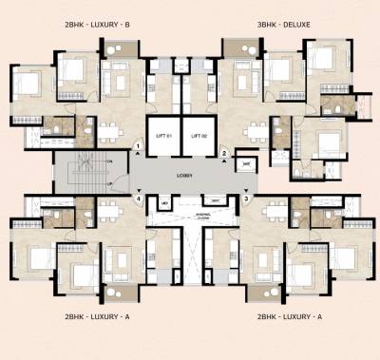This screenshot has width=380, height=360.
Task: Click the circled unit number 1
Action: [x=139, y=145]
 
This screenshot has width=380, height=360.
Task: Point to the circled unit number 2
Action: [x=225, y=152]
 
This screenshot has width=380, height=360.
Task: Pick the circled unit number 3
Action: [x=245, y=199]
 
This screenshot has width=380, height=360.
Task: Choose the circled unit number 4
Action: [x=139, y=199]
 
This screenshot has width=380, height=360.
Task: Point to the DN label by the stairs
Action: [x=111, y=161]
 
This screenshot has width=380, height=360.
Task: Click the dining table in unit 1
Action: [x=112, y=128]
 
